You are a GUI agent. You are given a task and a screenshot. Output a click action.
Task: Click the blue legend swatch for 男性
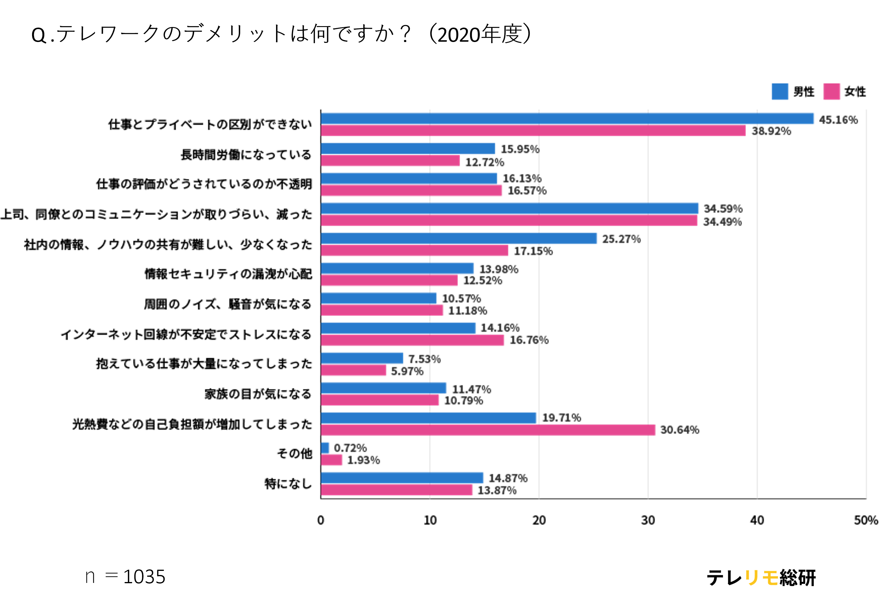[x=780, y=91]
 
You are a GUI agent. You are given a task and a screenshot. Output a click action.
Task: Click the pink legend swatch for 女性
[x=831, y=91]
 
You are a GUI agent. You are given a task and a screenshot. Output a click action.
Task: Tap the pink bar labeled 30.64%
[x=488, y=430]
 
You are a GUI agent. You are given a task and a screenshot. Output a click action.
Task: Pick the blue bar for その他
[x=325, y=448]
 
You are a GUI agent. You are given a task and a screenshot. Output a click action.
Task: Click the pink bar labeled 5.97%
[x=353, y=370]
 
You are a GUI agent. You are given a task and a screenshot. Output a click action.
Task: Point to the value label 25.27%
[x=621, y=239]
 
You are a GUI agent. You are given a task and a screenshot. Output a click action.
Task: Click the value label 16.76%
[x=529, y=340]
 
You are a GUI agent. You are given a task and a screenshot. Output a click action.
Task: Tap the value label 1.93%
[x=363, y=460]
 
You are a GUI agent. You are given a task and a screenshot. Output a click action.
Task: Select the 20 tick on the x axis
[x=539, y=520]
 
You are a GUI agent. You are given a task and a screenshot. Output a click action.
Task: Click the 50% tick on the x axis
[x=866, y=520]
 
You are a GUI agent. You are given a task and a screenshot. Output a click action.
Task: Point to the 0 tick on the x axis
[x=321, y=520]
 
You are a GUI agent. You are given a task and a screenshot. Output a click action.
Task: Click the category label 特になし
[x=288, y=484]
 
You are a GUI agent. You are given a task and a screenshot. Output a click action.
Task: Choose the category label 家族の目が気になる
[x=258, y=394]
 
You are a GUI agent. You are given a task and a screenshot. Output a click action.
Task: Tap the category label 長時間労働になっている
[x=246, y=154]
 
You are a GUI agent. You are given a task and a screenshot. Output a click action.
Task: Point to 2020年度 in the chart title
[x=480, y=34]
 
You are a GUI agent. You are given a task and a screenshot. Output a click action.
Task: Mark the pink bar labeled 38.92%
[x=533, y=131]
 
